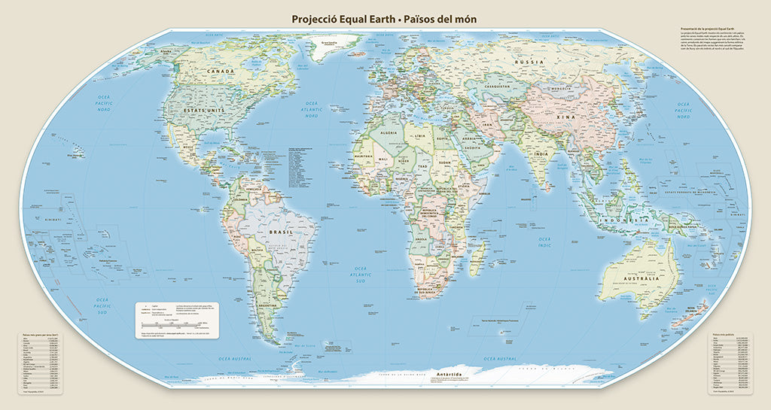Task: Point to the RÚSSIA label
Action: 529,61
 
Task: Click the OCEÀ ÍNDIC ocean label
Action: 544,241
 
